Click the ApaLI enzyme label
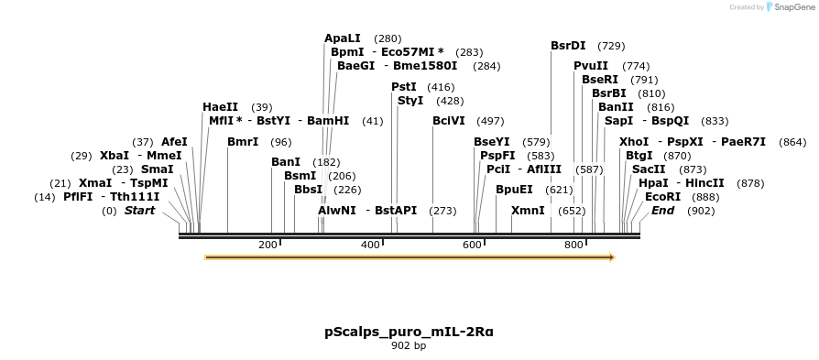(x=343, y=38)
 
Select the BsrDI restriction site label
(x=568, y=45)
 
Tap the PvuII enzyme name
(x=591, y=66)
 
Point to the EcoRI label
(x=663, y=197)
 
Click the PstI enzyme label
(x=404, y=87)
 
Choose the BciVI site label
(x=449, y=121)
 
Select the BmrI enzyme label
(x=243, y=142)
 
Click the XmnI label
(x=528, y=211)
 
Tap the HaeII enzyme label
(x=220, y=107)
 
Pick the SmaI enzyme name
(x=158, y=169)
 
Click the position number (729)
(x=611, y=46)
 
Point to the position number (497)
(x=490, y=121)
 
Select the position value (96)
(x=281, y=142)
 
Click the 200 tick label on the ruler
(x=268, y=245)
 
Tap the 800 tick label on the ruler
(x=573, y=245)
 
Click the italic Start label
(x=140, y=211)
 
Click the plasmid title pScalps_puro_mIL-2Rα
(x=409, y=331)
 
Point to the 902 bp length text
(x=409, y=346)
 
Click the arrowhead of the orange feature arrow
(x=611, y=257)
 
